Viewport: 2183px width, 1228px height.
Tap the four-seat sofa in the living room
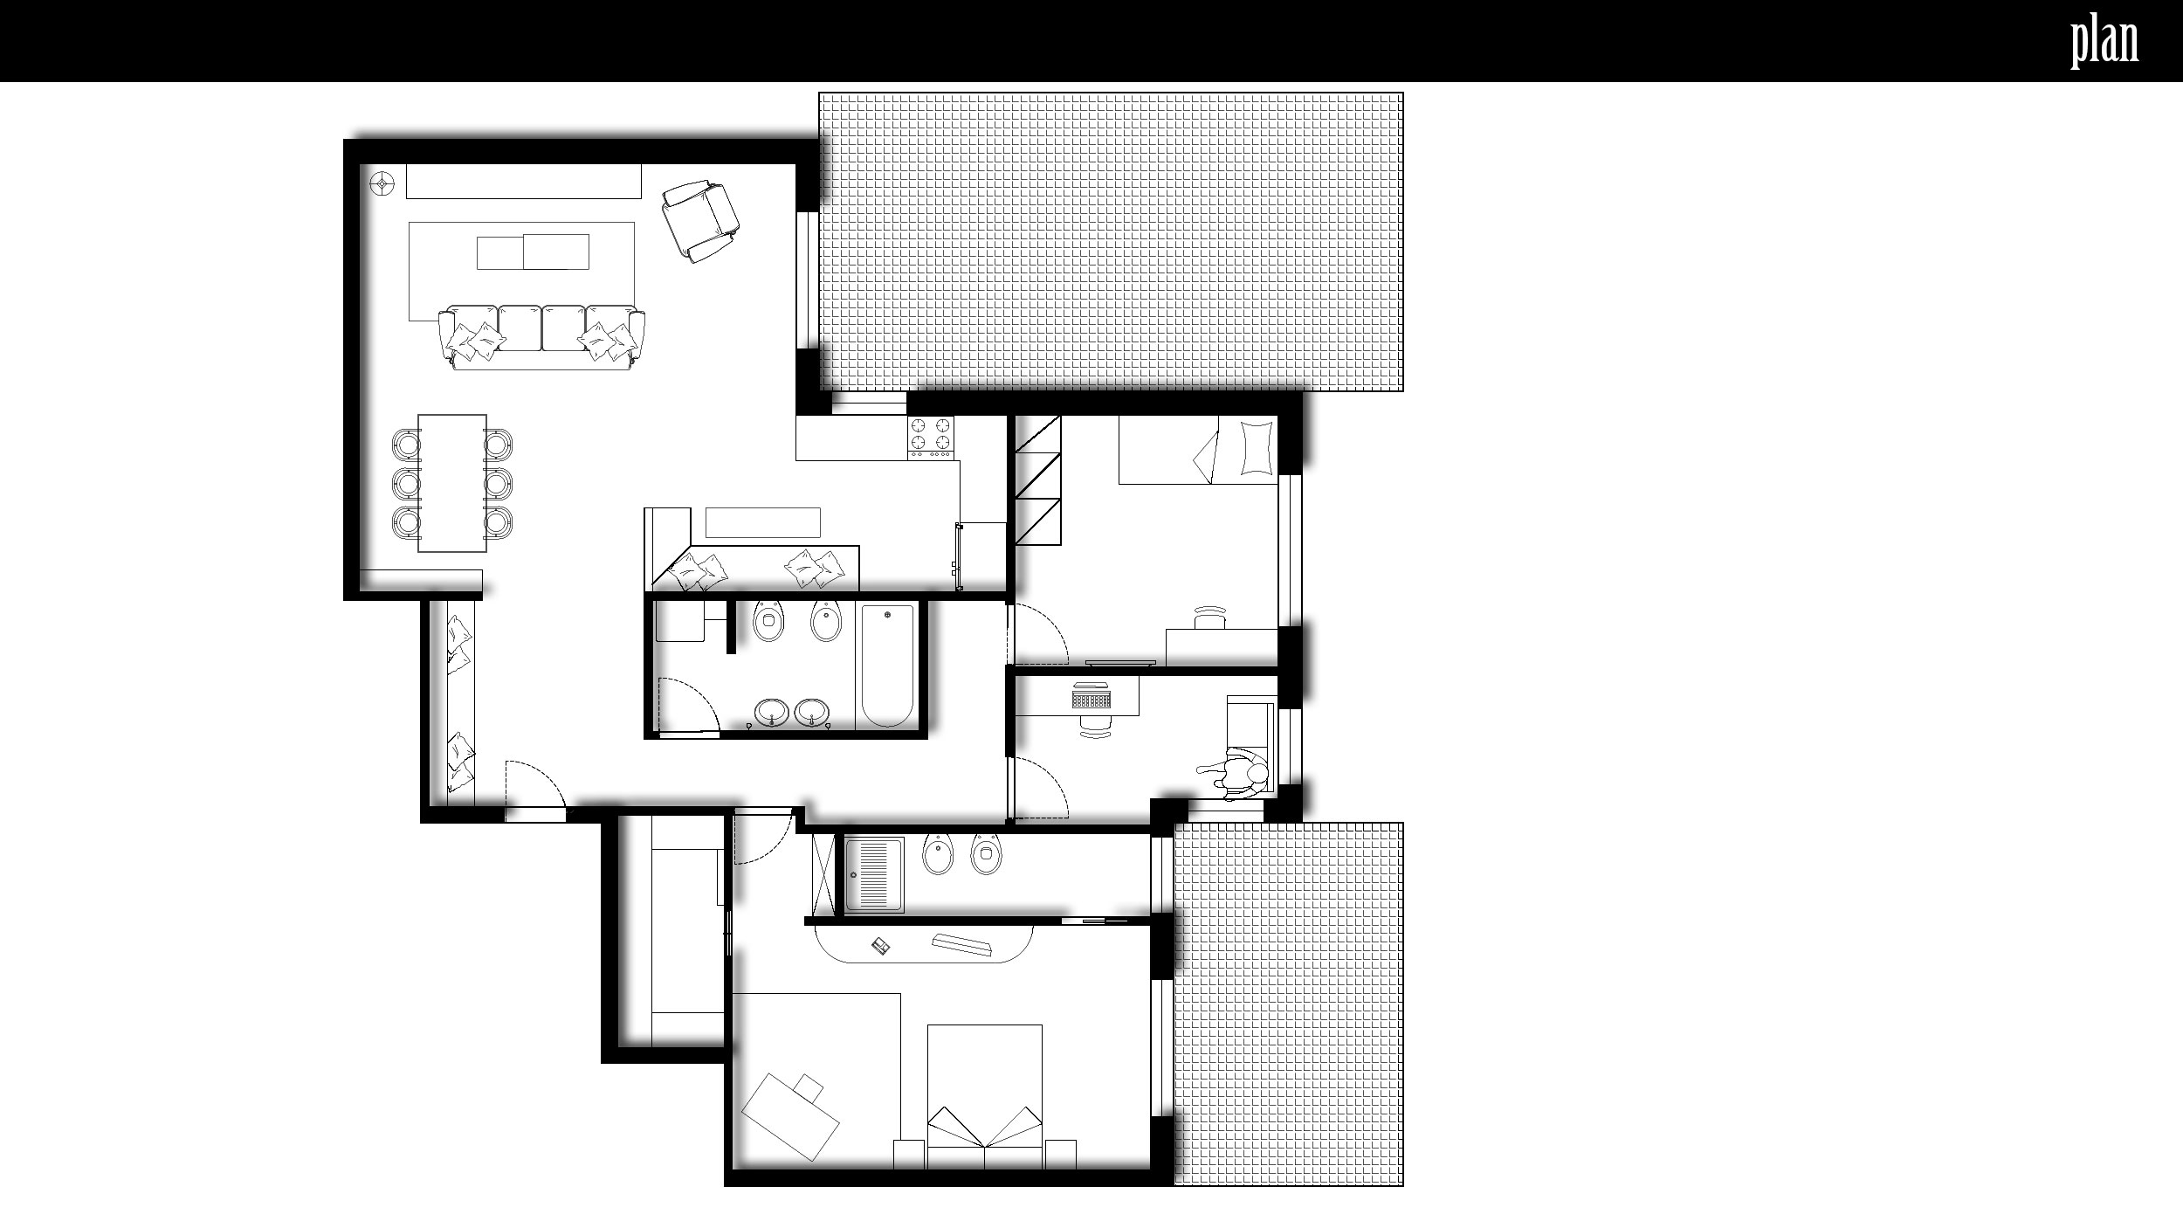tap(542, 338)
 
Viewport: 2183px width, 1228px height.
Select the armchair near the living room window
tap(699, 221)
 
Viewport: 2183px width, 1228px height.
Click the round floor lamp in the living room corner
tap(382, 183)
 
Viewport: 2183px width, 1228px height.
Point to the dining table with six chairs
tap(452, 483)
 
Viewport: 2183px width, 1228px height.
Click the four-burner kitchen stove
tap(932, 438)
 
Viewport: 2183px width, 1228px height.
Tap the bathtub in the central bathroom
tap(888, 666)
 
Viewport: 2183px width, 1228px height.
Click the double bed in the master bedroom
tap(984, 1097)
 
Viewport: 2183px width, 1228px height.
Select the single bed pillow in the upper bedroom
tap(1255, 449)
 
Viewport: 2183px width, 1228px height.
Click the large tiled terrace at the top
tap(1111, 242)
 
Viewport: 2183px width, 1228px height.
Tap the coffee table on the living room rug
tap(533, 252)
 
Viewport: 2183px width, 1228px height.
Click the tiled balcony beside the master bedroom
tap(1288, 1004)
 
